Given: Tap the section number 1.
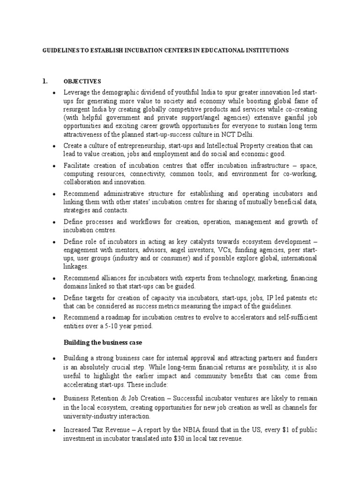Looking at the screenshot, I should (45, 81).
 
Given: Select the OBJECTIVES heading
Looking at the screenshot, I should (82, 81).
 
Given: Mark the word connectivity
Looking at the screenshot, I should (140, 174).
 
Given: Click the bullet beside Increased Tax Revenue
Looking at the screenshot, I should (55, 430).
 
